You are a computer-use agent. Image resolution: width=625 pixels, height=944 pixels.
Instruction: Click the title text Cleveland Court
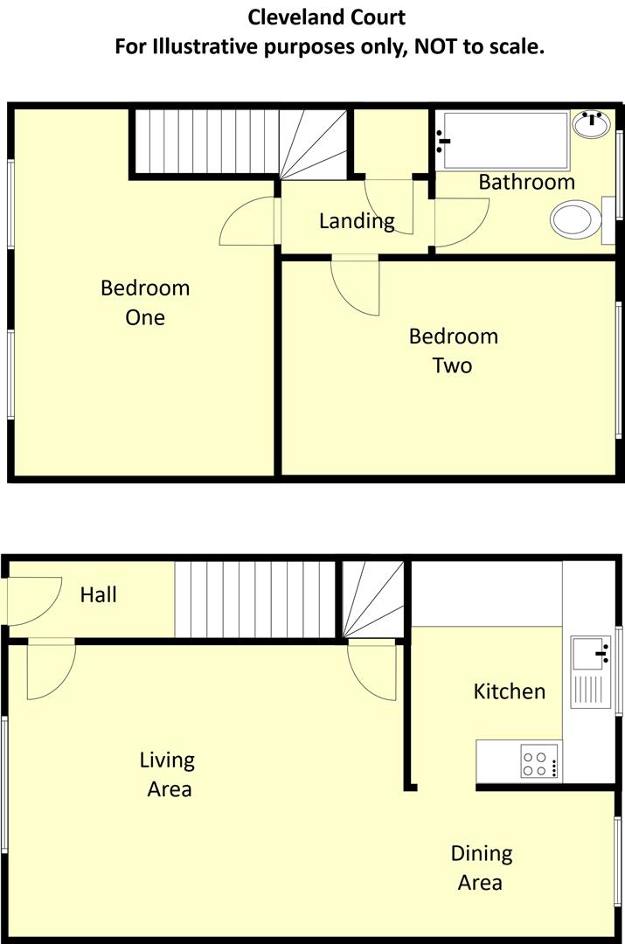tap(327, 17)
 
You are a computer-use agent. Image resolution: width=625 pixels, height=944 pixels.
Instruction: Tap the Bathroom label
tap(526, 182)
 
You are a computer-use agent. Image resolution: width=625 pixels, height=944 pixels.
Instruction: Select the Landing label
tap(357, 221)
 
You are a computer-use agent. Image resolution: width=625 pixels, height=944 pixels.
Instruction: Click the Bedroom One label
tap(145, 302)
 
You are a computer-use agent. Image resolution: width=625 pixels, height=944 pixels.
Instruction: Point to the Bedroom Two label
tap(453, 350)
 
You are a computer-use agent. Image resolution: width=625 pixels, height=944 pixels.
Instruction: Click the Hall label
tap(98, 595)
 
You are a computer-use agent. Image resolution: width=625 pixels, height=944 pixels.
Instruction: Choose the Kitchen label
tap(509, 691)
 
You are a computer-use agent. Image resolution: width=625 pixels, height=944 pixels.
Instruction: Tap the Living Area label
tap(168, 774)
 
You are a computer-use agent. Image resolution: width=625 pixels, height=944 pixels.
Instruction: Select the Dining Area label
tap(481, 867)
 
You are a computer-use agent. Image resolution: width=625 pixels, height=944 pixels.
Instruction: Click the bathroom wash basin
tap(593, 124)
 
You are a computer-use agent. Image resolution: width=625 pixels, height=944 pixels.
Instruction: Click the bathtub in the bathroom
tap(504, 140)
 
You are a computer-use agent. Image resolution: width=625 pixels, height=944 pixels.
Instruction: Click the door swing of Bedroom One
tap(248, 222)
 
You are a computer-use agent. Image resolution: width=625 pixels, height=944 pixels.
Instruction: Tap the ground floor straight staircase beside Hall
tap(255, 600)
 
